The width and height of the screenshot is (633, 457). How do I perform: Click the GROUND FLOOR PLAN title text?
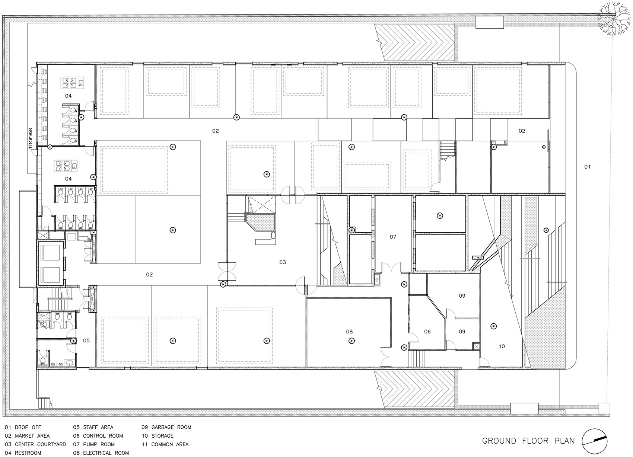click(528, 441)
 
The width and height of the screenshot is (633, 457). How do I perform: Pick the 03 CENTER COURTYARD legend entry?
click(35, 444)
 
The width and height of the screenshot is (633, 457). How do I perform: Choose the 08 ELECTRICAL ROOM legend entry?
click(101, 453)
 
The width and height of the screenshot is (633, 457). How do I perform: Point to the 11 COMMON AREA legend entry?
click(165, 444)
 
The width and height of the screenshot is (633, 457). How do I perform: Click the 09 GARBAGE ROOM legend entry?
click(166, 427)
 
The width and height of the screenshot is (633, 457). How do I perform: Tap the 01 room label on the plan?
click(587, 167)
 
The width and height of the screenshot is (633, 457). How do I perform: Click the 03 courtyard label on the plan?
click(283, 262)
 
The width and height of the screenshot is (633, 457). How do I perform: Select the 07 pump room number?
click(393, 237)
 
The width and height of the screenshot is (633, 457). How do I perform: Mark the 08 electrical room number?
click(349, 332)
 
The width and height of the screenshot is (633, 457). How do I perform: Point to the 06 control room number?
click(427, 332)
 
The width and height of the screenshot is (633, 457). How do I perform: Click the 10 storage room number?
click(502, 346)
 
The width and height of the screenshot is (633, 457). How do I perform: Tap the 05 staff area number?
click(86, 341)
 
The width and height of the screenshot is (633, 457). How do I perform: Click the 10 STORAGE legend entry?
click(158, 436)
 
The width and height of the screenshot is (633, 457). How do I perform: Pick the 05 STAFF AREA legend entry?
click(93, 427)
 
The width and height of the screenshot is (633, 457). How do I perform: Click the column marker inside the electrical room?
click(351, 341)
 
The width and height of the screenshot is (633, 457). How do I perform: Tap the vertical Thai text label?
click(32, 138)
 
